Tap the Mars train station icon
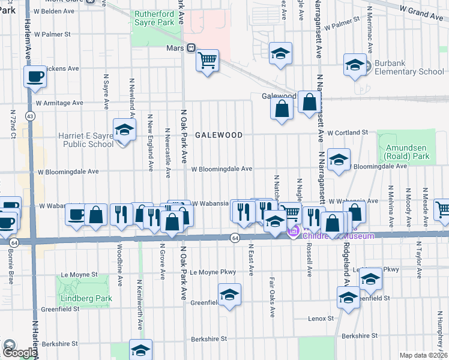(190, 47)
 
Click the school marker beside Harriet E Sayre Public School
(124, 130)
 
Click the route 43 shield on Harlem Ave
(30, 115)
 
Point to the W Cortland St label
(347, 132)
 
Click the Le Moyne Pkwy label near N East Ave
(212, 272)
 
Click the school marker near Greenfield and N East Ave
(229, 295)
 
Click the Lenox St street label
(321, 318)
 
